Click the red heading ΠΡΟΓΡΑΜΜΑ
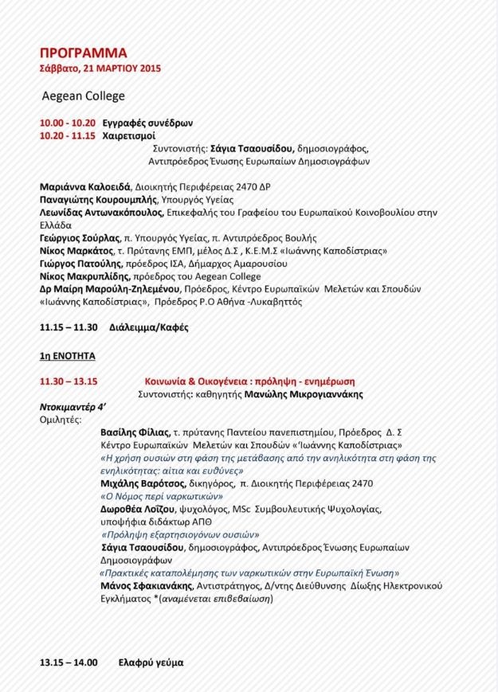(x=83, y=53)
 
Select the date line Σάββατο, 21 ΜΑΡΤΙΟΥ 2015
(x=100, y=68)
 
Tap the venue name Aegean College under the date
(x=84, y=96)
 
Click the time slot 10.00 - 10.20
(x=68, y=123)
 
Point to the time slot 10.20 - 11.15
(x=68, y=135)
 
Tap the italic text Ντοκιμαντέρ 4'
(x=73, y=406)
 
